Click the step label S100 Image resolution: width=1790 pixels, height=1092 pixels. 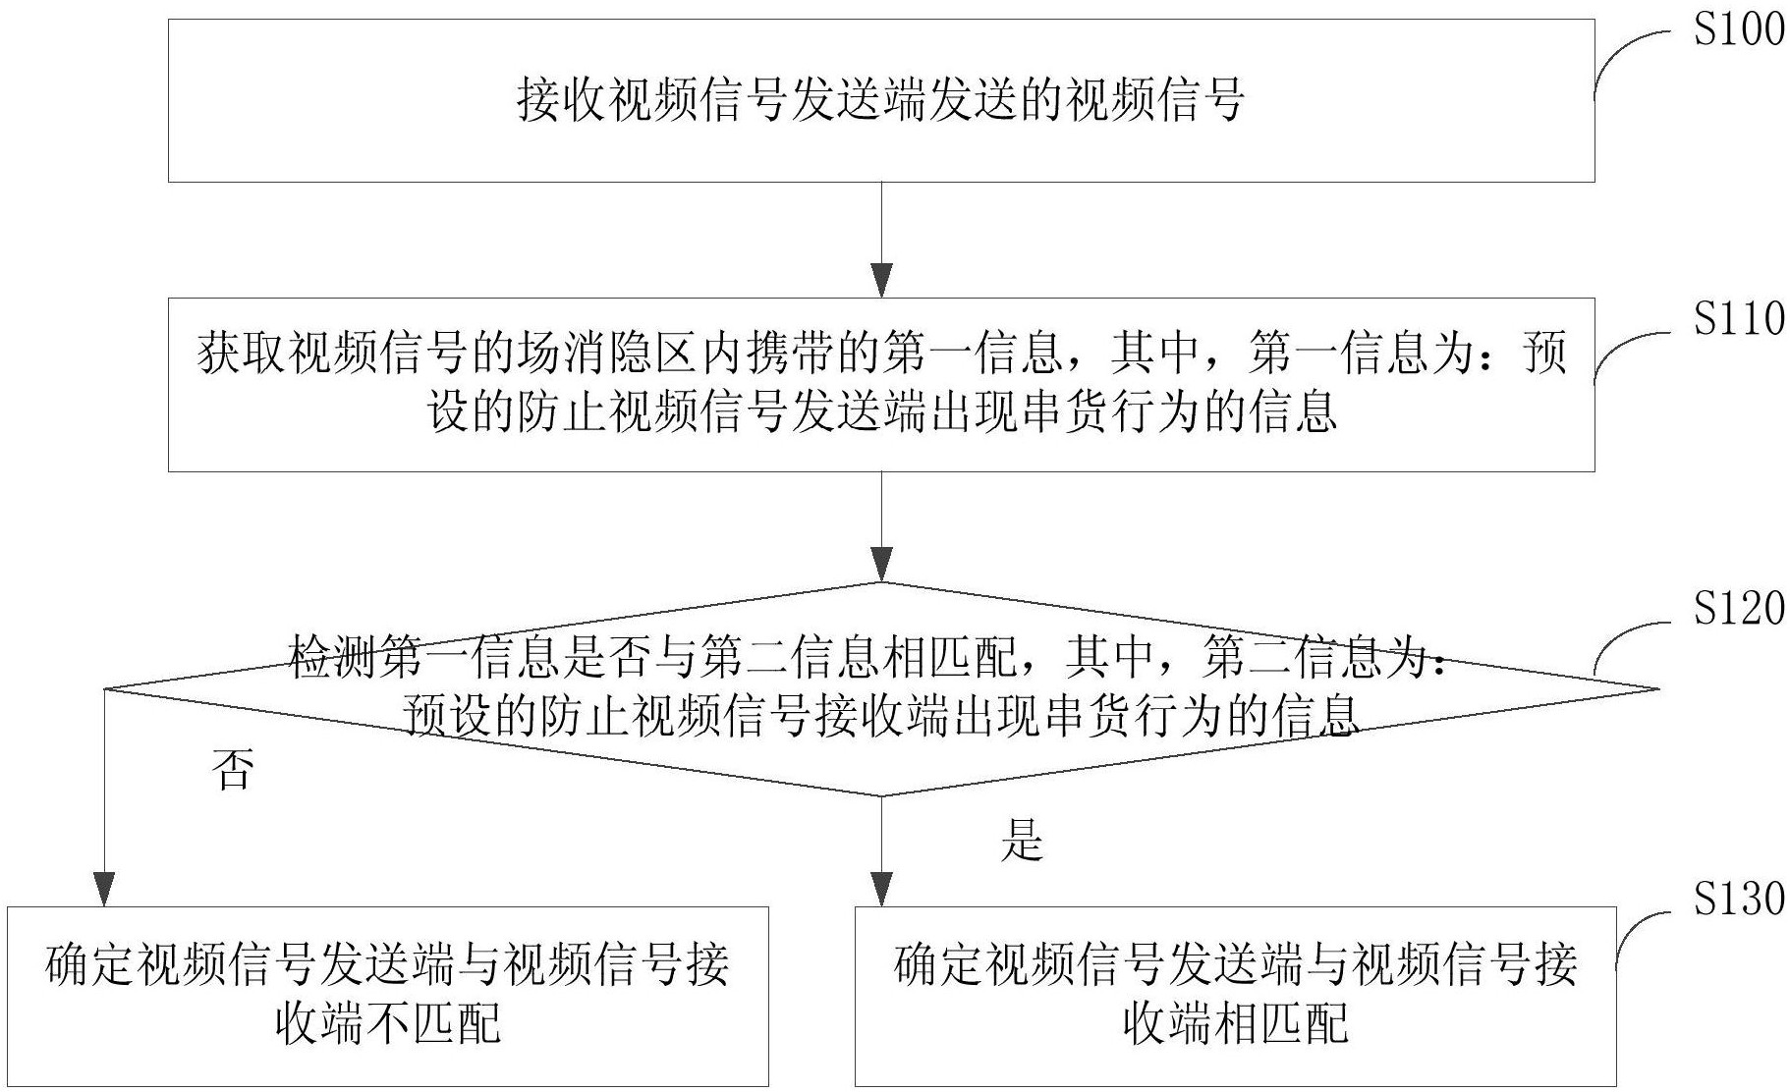[1737, 29]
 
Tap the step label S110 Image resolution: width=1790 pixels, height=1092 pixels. [1737, 320]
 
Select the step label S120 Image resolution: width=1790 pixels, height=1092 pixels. [1737, 610]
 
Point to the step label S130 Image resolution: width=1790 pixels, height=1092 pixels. [1737, 900]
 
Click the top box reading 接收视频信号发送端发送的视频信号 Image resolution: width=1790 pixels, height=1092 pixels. [880, 100]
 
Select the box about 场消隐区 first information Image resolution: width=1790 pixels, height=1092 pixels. [880, 384]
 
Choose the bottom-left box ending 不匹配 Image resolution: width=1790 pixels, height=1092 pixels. [388, 995]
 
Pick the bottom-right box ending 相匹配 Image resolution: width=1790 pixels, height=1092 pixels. [1235, 995]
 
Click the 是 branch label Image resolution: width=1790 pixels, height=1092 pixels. [1021, 841]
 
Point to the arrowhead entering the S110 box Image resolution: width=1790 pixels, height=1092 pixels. [882, 281]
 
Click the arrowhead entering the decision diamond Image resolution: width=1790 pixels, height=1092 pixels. [882, 566]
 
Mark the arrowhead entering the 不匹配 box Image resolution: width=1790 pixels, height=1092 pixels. [103, 889]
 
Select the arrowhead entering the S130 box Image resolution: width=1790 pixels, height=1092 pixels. [882, 889]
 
